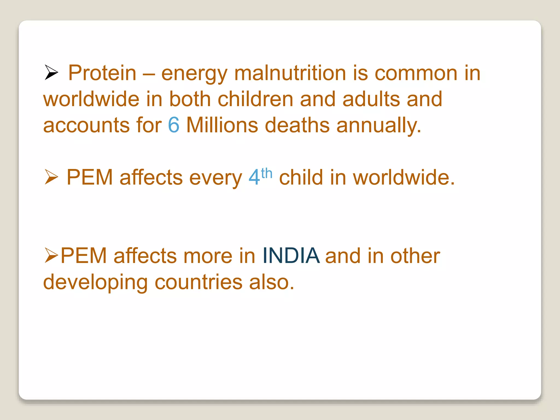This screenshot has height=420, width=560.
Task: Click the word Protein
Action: coord(102,73)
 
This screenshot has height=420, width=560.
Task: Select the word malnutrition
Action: coord(290,73)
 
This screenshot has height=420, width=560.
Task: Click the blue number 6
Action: coord(174,125)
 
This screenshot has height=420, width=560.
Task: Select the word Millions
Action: coord(222,125)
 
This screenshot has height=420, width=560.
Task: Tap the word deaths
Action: coord(297,125)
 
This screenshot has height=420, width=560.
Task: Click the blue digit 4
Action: coord(254,177)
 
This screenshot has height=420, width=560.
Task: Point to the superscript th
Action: coord(267,173)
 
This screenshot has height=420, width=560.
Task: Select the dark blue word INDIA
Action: coord(291,256)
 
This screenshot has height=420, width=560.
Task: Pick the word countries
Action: coord(199,282)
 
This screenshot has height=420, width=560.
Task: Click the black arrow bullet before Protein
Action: coord(51,72)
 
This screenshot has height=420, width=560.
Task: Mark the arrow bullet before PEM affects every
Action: coord(51,177)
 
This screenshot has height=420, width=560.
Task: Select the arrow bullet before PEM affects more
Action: coord(51,255)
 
